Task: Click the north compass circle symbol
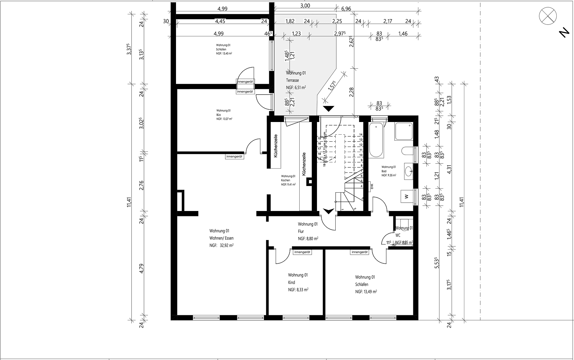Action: pos(548,16)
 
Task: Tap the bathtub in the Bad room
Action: pos(376,140)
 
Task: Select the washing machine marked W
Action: pos(406,196)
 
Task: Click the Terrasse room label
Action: pos(292,80)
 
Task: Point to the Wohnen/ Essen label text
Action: pos(221,238)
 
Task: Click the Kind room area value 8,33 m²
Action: pos(298,290)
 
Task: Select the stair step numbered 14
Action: pos(360,135)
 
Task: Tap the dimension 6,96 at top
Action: pos(346,9)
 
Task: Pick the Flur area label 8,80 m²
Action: pos(308,239)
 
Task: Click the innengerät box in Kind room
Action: pos(302,252)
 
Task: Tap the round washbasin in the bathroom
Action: pos(408,172)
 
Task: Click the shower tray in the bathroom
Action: pos(403,131)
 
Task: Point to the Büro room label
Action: pos(219,115)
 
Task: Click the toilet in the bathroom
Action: pos(407,151)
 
